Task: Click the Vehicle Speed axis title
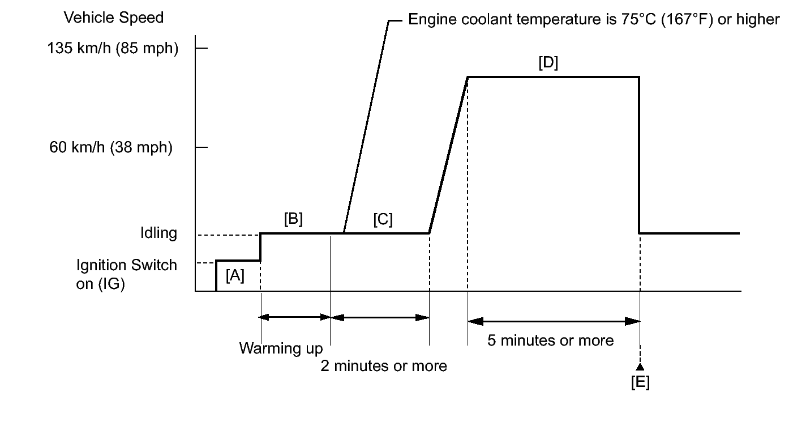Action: click(114, 18)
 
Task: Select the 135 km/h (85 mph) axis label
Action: click(113, 49)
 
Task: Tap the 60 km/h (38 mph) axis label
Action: click(111, 148)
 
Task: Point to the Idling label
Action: click(158, 233)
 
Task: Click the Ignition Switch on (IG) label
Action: click(127, 274)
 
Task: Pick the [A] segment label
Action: click(235, 276)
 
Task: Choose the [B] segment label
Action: click(293, 219)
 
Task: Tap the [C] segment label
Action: click(383, 219)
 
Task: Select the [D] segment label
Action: click(548, 63)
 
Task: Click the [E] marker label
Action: click(640, 383)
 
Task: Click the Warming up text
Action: click(281, 348)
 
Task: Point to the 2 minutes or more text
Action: click(384, 366)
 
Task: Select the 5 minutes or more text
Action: click(550, 340)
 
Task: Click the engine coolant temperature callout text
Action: click(594, 20)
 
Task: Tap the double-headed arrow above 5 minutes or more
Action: click(554, 321)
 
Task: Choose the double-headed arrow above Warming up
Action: click(295, 317)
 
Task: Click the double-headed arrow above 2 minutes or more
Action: click(380, 317)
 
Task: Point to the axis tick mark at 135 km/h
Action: click(201, 49)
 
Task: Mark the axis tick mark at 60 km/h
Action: click(201, 147)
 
